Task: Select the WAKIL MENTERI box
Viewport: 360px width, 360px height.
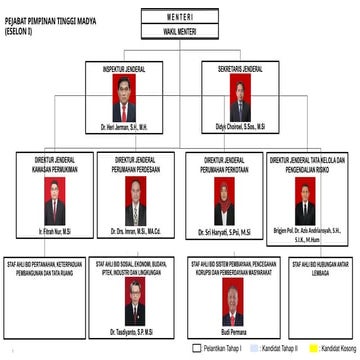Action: point(179,31)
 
